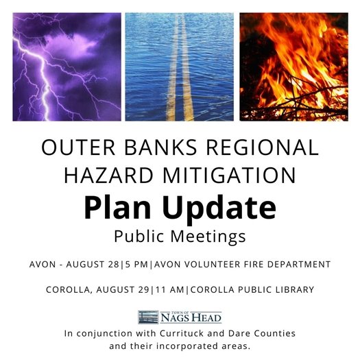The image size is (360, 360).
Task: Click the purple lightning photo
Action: [66, 67]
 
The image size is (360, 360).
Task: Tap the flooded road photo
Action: [180, 67]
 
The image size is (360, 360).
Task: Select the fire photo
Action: [294, 67]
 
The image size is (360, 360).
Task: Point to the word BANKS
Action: [160, 147]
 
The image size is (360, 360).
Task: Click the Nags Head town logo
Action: [180, 317]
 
